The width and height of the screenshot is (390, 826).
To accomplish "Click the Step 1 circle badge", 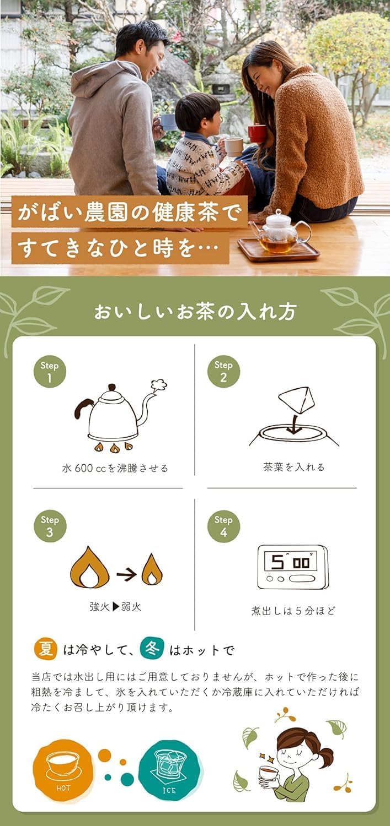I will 50,372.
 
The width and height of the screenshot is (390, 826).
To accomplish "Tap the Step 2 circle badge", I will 223,371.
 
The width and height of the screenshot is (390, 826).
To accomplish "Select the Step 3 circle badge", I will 50,526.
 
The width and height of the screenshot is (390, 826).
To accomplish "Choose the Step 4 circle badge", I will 223,526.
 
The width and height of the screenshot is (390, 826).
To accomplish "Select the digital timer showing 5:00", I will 292,567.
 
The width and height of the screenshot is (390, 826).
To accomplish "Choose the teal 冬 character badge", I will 152,649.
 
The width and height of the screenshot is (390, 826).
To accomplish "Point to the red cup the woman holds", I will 257,133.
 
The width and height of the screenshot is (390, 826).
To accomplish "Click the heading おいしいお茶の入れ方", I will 195,312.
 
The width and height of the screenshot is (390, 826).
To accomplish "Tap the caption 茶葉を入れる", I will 294,467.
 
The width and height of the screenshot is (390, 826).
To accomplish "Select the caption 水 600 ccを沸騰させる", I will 115,469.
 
